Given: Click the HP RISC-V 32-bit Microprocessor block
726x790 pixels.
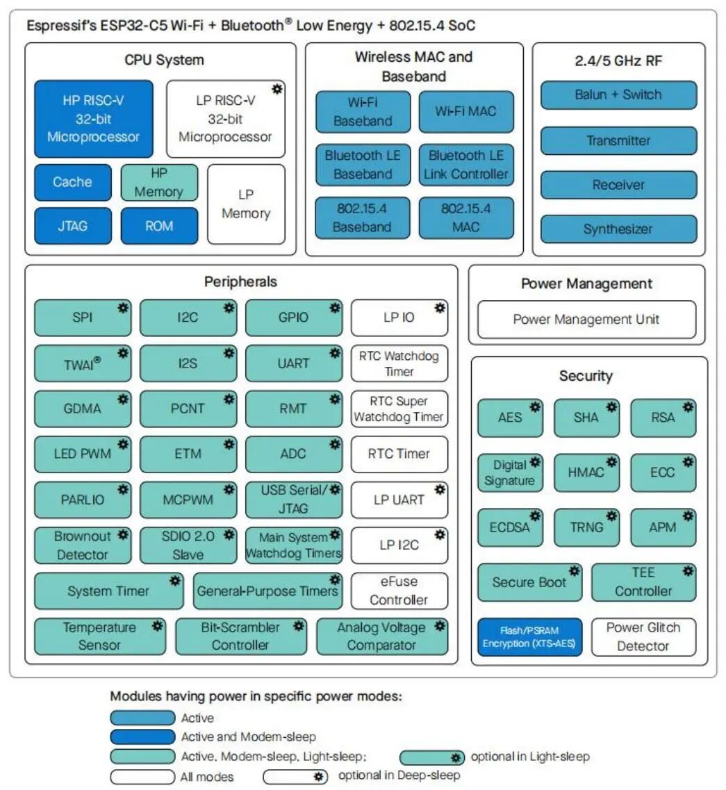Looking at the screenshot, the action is (94, 119).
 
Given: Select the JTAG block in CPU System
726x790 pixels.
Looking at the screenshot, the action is (73, 226).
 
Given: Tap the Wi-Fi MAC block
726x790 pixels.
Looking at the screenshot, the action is (466, 111).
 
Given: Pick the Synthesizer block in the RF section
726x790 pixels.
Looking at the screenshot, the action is (618, 229).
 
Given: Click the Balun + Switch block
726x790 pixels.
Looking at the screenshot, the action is (618, 94).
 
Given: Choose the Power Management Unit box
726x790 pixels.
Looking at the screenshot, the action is (586, 320).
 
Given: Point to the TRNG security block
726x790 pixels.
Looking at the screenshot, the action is (586, 527).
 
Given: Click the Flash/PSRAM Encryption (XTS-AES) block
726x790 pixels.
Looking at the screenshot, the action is (529, 637).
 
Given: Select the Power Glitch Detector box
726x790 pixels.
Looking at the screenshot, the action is (643, 637).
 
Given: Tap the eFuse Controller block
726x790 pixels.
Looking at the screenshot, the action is (399, 591).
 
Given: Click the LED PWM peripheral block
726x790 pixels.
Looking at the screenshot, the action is (83, 454).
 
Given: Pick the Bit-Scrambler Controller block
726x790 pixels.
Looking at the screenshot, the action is (241, 636).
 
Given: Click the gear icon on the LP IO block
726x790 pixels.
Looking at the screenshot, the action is (440, 308).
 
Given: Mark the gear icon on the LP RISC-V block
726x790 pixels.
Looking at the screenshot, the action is (277, 89).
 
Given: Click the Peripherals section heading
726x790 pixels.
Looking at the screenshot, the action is (241, 281).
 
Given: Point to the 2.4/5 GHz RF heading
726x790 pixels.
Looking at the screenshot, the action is (618, 61).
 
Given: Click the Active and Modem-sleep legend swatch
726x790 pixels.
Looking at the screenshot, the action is (142, 736).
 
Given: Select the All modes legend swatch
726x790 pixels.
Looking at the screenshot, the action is (142, 777).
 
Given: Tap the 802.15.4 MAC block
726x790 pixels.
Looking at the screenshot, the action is (466, 217).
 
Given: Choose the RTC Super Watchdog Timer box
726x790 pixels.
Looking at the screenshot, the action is (399, 409).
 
